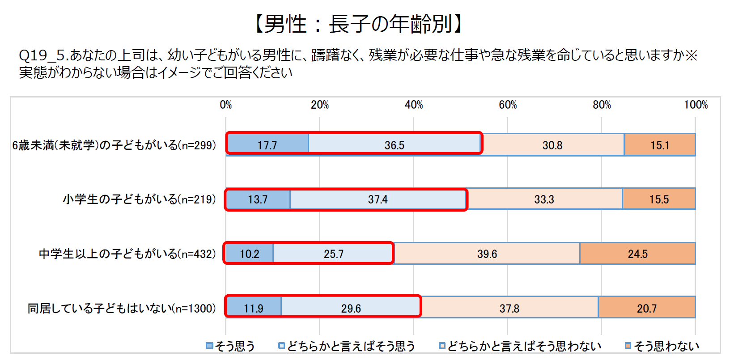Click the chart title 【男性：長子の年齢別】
point(358,24)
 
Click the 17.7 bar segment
point(267,145)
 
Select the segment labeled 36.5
point(395,145)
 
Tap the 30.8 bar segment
point(552,145)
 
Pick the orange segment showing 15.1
point(660,145)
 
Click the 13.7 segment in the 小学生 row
point(258,199)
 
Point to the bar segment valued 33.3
point(544,199)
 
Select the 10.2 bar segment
point(249,254)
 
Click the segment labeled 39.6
point(487,254)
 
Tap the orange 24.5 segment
point(637,254)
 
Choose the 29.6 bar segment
point(351,308)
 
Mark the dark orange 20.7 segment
point(647,308)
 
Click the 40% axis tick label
point(414,105)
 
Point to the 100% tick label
point(696,105)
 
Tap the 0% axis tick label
point(226,105)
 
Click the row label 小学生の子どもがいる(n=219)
point(139,199)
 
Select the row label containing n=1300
point(122,308)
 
